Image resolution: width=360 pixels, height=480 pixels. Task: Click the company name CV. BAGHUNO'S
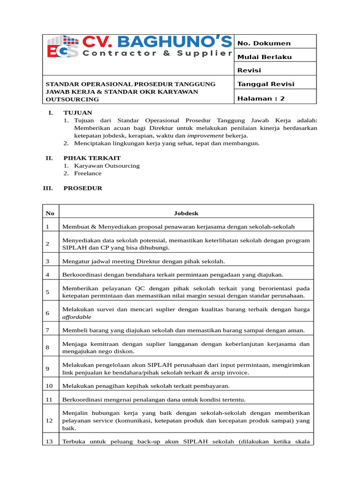pos(157,42)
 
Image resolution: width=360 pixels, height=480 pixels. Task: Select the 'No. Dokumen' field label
pos(264,44)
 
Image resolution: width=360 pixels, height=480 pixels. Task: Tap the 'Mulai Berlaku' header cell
pos(264,57)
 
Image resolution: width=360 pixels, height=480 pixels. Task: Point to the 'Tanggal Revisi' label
pos(266,84)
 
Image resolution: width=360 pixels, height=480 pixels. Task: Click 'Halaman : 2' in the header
pos(261,98)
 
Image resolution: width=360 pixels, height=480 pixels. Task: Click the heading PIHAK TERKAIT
pos(89,158)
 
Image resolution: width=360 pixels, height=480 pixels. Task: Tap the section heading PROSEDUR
pos(82,188)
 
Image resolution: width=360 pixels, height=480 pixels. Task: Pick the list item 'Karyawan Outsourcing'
pos(106,166)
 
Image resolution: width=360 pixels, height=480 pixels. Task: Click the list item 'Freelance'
pos(88,173)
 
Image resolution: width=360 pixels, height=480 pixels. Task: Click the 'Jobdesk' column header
pos(186,213)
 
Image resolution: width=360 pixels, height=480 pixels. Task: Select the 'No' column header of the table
pos(50,213)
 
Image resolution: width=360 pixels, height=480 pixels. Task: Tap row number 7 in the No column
pos(47,330)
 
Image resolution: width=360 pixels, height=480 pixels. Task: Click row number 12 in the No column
pos(49,420)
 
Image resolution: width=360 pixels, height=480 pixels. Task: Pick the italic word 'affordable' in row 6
pos(77,317)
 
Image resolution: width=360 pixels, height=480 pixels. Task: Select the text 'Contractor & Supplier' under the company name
pos(157,53)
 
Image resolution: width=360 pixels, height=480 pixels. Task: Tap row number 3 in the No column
pos(47,261)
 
